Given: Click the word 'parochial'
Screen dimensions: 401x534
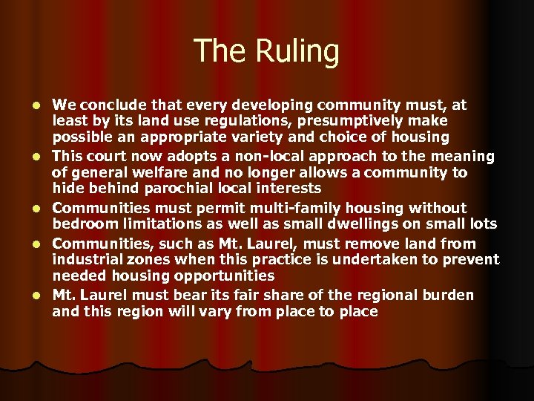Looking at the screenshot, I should click(165, 189).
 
